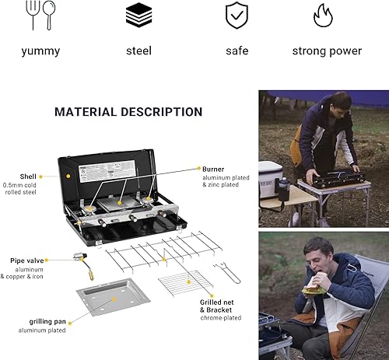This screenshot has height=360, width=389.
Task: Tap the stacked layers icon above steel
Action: pos(138,14)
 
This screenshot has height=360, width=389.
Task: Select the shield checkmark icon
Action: pos(237,14)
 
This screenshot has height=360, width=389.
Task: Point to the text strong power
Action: pos(327,51)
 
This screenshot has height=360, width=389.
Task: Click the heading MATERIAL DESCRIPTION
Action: pos(128,112)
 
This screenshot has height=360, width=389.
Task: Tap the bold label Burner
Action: pos(212,168)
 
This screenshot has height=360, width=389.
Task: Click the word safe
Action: pos(237,51)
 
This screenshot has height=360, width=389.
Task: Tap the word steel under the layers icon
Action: pos(138,51)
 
